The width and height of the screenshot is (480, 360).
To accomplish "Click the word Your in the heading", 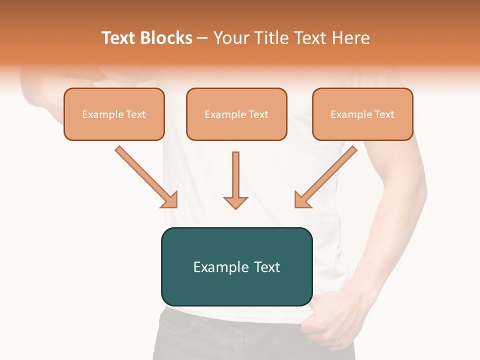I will point(229,38).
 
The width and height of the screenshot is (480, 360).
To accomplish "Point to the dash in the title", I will point(202,38).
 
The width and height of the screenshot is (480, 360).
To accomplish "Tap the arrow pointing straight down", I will point(235,180).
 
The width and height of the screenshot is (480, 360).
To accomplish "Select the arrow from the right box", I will point(325,177).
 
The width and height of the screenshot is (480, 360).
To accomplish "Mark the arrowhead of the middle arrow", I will point(235,202).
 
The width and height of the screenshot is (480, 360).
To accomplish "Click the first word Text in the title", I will point(120,38).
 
